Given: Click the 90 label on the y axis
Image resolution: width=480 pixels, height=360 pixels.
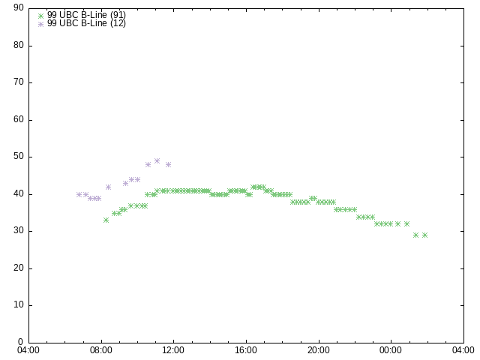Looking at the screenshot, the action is pos(19,7).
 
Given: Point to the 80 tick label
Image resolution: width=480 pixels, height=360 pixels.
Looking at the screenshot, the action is pos(19,45).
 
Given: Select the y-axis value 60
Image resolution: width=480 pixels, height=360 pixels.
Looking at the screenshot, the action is pos(19,119).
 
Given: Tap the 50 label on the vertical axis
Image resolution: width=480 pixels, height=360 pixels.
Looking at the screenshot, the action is pos(19,157).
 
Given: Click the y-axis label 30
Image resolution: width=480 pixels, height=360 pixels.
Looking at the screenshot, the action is pos(19,230).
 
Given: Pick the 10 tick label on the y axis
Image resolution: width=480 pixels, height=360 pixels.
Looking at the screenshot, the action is pos(19,304).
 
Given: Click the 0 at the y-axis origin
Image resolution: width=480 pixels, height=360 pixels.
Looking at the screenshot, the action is pos(21,342).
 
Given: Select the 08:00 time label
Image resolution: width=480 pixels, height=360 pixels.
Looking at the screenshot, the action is pos(101,350).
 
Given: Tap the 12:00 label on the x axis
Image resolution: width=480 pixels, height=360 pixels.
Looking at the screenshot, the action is pos(173,350).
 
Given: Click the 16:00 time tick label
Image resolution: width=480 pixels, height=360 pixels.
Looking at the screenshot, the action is pos(246,350).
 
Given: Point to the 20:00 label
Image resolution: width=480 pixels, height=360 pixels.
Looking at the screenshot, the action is pos(319,350).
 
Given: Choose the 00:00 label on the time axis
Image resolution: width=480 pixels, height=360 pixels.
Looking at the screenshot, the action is pos(391,350).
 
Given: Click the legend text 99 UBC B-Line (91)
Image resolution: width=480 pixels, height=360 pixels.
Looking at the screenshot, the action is pos(87,15).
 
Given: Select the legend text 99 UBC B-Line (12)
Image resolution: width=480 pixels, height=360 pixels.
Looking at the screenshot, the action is pos(87,23).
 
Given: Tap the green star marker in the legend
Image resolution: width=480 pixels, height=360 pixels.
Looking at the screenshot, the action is pos(40,16).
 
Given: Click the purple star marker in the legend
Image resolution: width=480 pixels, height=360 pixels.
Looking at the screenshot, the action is pos(40,24).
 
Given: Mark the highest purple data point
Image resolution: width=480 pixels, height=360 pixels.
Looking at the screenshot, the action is pos(157,160).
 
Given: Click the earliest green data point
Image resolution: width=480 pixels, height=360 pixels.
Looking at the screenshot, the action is pos(106,220).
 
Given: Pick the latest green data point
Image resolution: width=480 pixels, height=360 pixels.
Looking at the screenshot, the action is pos(424,235).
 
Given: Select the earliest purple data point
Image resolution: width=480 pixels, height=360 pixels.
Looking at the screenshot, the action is pos(79,194).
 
